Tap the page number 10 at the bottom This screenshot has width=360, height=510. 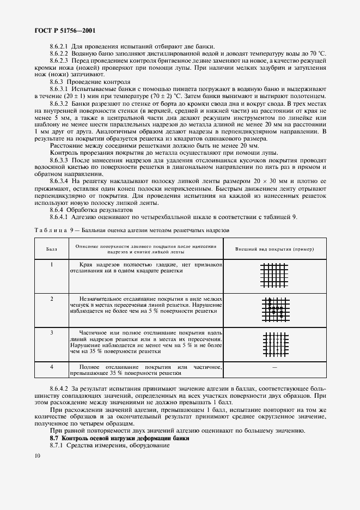tap(36, 456)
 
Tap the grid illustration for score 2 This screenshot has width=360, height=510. tap(274, 309)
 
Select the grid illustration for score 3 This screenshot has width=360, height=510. tap(274, 344)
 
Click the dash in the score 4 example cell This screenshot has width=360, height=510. tap(274, 368)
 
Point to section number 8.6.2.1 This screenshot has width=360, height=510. tap(59, 47)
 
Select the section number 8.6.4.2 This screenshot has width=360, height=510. tap(59, 386)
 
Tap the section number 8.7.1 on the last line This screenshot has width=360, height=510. tap(57, 446)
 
